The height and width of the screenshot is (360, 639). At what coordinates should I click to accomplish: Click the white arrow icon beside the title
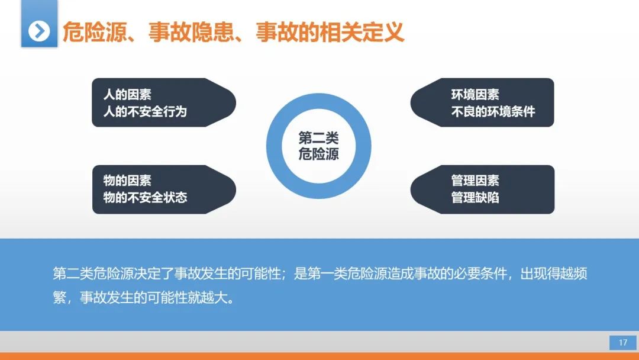pyautogui.click(x=39, y=31)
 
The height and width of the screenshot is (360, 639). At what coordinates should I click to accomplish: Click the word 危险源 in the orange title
pyautogui.click(x=95, y=32)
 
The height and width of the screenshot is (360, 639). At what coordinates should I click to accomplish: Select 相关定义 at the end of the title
pyautogui.click(x=362, y=32)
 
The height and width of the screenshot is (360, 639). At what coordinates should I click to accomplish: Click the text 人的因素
pyautogui.click(x=127, y=95)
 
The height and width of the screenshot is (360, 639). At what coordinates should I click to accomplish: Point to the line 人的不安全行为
pyautogui.click(x=145, y=111)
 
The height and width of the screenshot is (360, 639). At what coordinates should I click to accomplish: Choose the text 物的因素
pyautogui.click(x=127, y=181)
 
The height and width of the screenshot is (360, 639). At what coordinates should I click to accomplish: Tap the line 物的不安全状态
pyautogui.click(x=145, y=198)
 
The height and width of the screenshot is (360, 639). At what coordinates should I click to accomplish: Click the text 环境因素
pyautogui.click(x=475, y=95)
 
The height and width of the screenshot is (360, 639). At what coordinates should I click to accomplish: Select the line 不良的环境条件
pyautogui.click(x=493, y=111)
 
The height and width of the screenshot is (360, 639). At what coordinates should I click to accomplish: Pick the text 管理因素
pyautogui.click(x=475, y=181)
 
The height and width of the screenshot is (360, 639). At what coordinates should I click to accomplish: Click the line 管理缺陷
pyautogui.click(x=475, y=198)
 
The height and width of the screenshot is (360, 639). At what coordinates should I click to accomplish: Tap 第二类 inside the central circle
pyautogui.click(x=319, y=138)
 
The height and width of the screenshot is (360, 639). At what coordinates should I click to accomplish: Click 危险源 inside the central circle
pyautogui.click(x=319, y=154)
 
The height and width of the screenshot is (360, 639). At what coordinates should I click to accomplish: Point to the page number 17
pyautogui.click(x=622, y=342)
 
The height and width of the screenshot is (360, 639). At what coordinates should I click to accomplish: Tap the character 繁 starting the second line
pyautogui.click(x=60, y=298)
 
